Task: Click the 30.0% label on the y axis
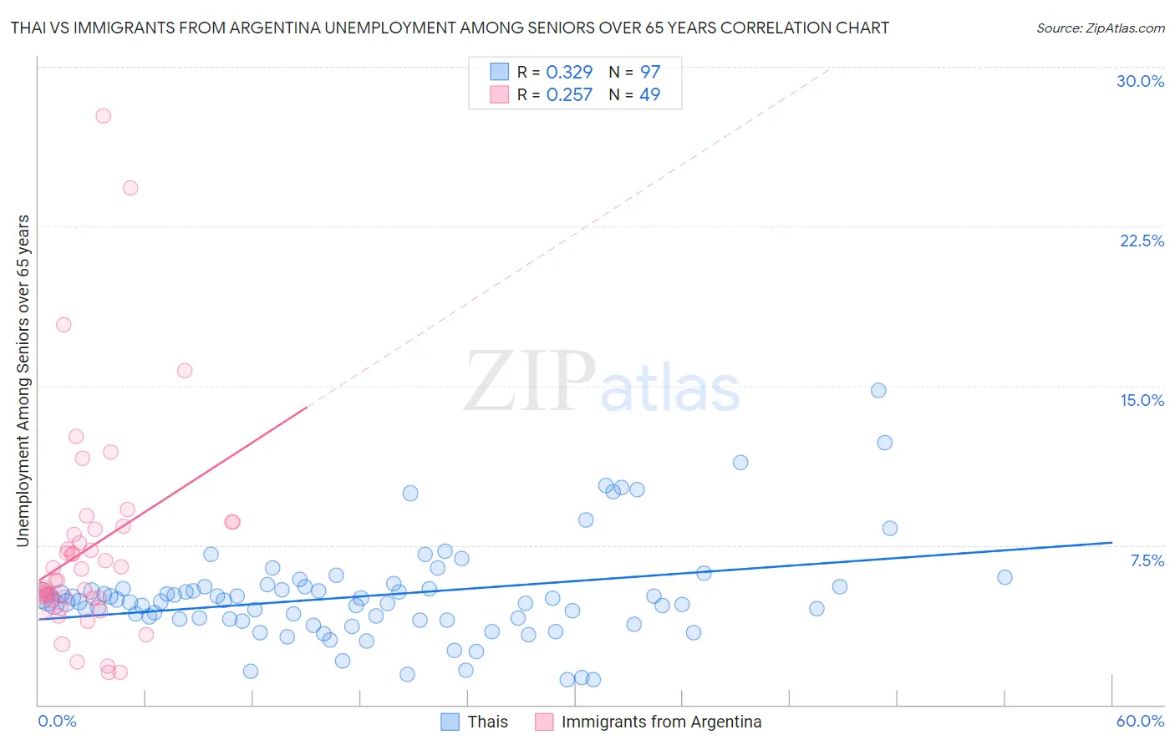pos(1140,81)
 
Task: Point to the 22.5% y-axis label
pos(1142,241)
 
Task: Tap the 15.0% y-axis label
pos(1142,400)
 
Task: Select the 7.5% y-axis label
pos(1147,560)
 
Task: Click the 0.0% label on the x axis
pos(57,721)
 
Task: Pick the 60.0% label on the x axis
pos(1140,721)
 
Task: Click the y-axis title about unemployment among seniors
pos(23,381)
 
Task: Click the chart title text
pos(450,28)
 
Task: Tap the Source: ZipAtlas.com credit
pos(1100,28)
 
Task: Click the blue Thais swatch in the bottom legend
pos(450,722)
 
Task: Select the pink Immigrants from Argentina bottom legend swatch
pos(544,722)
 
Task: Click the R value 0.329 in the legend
pos(569,73)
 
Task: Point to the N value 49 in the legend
pos(649,95)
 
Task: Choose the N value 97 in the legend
pos(649,73)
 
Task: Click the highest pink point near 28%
pos(104,116)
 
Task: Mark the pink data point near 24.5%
pos(130,188)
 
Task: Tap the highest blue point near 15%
pos(878,390)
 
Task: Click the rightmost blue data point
pos(1005,577)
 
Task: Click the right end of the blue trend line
pos(1111,543)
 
